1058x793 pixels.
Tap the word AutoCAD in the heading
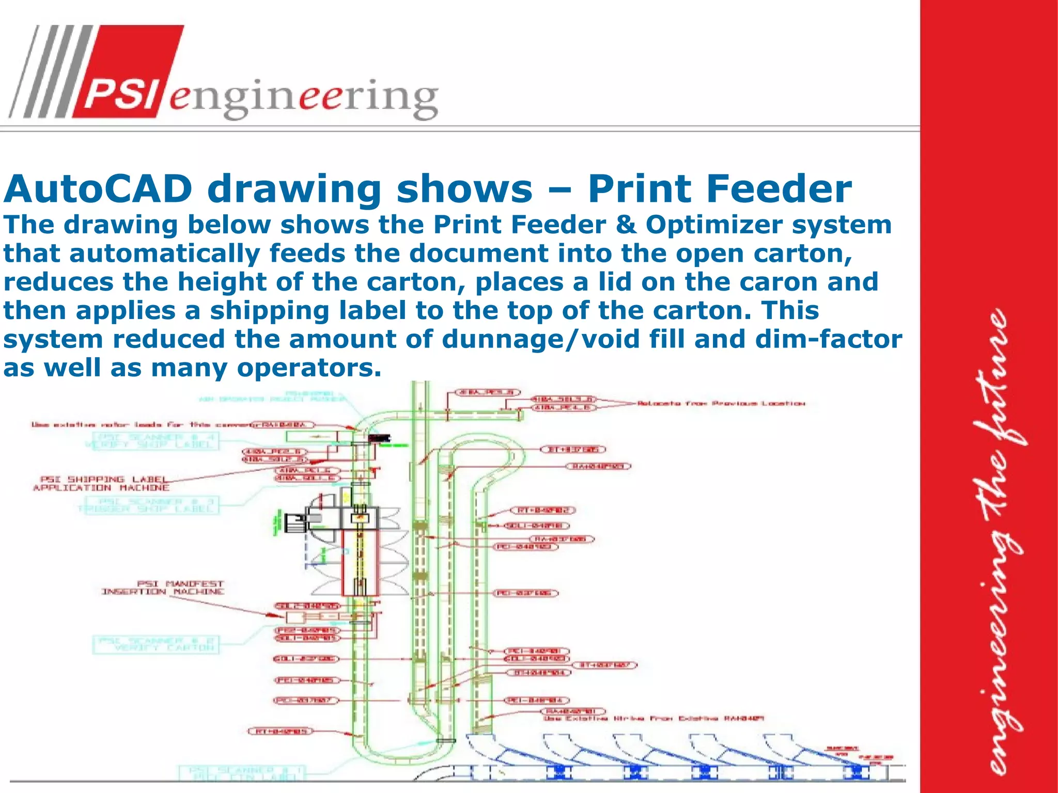pos(98,189)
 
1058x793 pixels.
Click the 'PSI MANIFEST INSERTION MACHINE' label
pos(163,588)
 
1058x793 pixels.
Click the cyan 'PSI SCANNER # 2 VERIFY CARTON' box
pos(155,644)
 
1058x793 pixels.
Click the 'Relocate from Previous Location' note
pos(721,403)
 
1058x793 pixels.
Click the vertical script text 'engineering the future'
pos(1002,542)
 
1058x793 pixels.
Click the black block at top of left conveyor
pos(380,438)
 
